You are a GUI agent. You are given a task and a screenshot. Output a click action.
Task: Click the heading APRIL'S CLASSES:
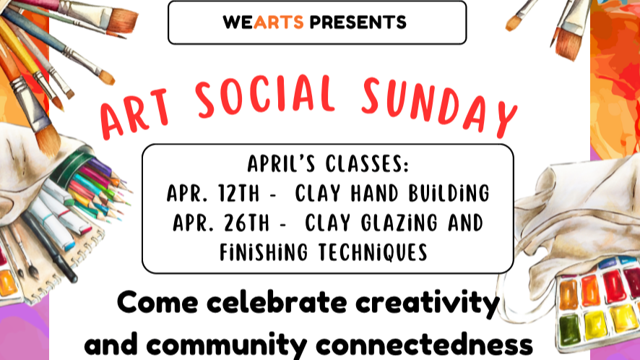click(328, 164)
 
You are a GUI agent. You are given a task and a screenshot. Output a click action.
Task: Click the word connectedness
click(441, 343)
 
